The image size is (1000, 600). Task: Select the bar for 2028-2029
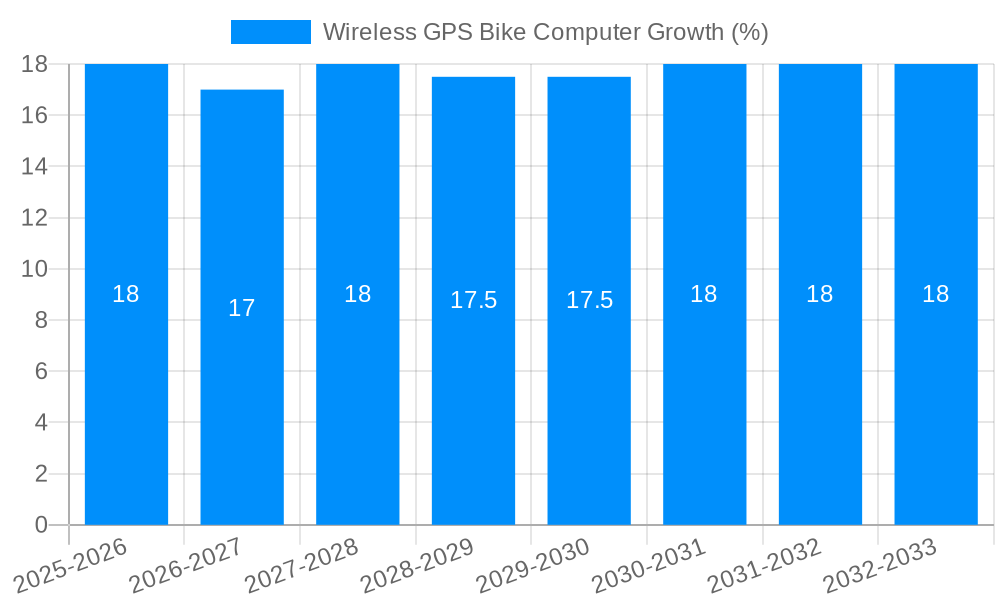(473, 400)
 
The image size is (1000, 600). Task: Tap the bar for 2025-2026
(126, 400)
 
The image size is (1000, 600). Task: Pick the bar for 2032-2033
(936, 400)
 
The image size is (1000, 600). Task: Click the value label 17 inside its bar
(242, 308)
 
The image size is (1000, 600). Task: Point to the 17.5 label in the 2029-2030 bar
(589, 300)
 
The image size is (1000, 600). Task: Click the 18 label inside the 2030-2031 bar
(704, 294)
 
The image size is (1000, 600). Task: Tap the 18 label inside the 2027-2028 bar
(357, 294)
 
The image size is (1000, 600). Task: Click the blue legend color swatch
(270, 32)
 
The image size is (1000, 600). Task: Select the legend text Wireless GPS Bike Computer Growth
(545, 32)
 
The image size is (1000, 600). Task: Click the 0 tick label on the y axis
(41, 524)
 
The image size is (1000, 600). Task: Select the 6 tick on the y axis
(41, 371)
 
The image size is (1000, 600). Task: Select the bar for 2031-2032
(820, 400)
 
